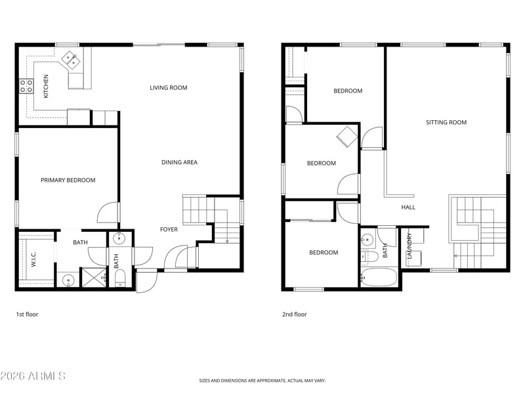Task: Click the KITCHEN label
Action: tap(46, 86)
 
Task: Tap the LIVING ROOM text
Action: tap(169, 88)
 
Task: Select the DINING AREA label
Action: tap(179, 162)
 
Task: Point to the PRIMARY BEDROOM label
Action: tap(68, 180)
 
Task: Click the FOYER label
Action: tap(169, 229)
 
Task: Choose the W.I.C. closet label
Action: tap(33, 259)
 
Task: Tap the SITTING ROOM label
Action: tap(446, 122)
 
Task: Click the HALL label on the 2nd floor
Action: tap(408, 208)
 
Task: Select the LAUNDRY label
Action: tap(409, 246)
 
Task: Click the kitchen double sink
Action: tap(70, 60)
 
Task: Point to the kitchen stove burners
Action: tap(26, 86)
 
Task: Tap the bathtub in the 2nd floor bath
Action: tap(379, 277)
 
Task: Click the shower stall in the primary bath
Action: tap(94, 277)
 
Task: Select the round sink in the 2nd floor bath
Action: tap(367, 239)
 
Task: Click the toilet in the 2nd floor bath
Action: tap(369, 257)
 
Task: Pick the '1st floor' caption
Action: tap(27, 315)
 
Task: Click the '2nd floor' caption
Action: tap(295, 315)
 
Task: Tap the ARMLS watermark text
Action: tap(33, 376)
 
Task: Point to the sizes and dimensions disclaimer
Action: tap(262, 381)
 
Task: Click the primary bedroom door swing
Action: tap(108, 212)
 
